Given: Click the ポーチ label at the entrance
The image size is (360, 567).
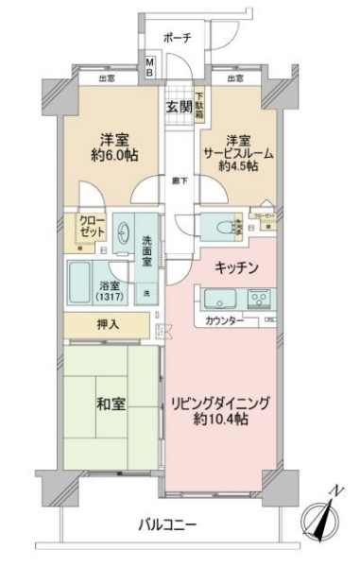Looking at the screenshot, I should pos(177,38).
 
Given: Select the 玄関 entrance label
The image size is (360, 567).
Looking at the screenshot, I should pos(180,105).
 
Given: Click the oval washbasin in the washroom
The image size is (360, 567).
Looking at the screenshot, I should pos(125,232).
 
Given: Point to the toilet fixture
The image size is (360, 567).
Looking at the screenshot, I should pos(223,227).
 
